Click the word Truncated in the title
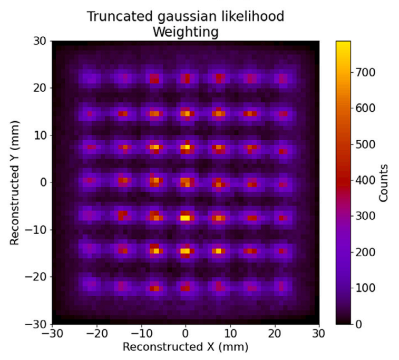(x=120, y=16)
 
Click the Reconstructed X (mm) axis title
(x=186, y=347)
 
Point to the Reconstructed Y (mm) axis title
(x=15, y=183)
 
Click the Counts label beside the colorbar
(x=383, y=183)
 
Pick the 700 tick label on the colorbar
(x=365, y=73)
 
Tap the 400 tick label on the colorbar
(x=365, y=180)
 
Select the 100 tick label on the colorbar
(x=365, y=288)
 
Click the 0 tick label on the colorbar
(x=359, y=324)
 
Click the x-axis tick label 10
(x=230, y=333)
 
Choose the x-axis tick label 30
(x=319, y=333)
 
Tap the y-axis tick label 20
(x=40, y=88)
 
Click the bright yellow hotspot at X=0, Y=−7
(x=185, y=218)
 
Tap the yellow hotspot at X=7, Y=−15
(x=218, y=251)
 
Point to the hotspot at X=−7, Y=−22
(x=154, y=288)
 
